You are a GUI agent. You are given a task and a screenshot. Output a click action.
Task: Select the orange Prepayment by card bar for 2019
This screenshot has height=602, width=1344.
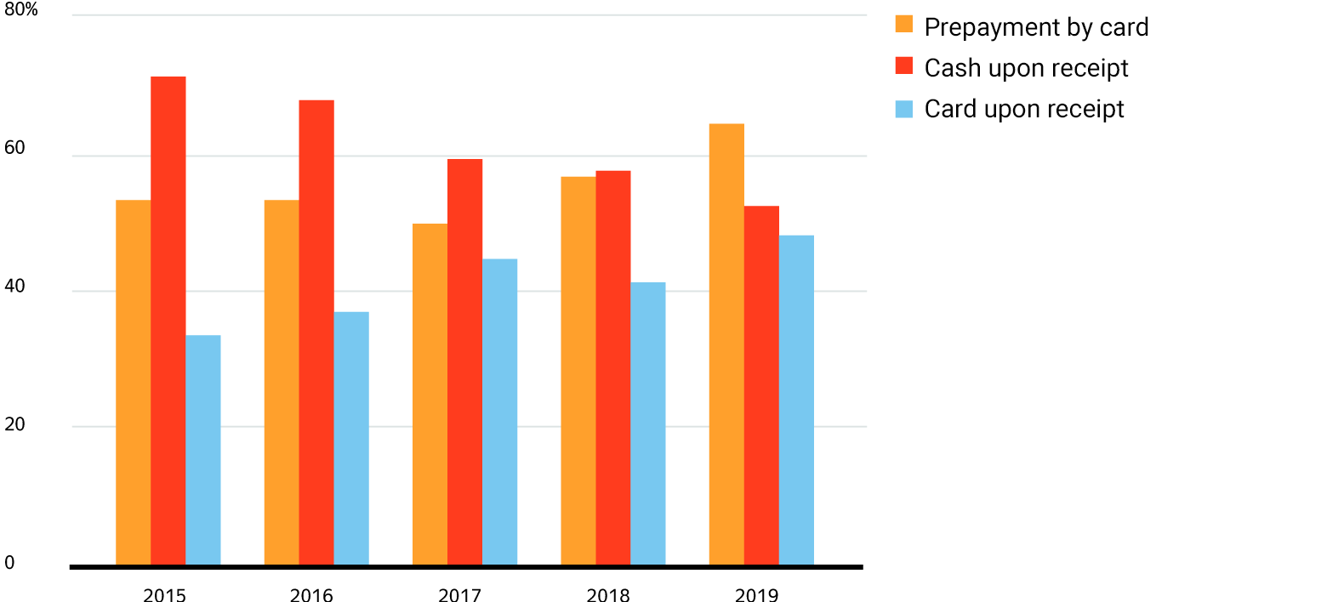coord(726,344)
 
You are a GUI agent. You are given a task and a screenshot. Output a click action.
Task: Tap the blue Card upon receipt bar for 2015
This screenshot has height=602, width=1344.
coord(203,450)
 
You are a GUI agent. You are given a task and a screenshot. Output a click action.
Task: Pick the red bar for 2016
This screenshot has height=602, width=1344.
coord(316,332)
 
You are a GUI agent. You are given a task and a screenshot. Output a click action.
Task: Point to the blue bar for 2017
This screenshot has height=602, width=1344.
coord(499,412)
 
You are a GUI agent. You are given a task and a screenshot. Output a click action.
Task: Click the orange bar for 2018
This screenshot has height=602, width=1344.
coord(578,371)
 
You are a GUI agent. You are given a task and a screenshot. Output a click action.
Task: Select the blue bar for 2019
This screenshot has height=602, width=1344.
coord(796,400)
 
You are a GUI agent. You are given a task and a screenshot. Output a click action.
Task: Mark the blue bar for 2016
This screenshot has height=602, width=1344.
coord(351,438)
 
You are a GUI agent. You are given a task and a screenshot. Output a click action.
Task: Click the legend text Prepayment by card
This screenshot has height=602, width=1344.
coord(1036,27)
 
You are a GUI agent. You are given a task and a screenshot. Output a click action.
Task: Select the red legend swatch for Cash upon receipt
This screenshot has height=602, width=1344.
coord(904,66)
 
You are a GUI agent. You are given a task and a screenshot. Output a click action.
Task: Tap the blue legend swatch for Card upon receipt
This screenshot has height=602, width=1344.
coord(904,109)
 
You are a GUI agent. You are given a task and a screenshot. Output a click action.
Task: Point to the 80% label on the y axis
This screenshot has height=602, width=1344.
coord(21,9)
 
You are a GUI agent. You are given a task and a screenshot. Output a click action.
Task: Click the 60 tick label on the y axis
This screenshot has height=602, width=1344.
coord(14,148)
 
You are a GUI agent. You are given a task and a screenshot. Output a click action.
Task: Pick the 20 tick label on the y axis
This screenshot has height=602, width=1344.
coord(14,424)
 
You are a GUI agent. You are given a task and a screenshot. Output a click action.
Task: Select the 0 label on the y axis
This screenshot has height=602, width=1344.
coord(9,562)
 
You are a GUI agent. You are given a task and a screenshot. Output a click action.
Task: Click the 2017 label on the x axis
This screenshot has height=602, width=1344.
coord(459,594)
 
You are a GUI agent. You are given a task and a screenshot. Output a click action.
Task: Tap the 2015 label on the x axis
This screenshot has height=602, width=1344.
coord(164,594)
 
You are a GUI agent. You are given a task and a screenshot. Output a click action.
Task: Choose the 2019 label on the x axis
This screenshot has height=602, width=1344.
coord(756,594)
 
